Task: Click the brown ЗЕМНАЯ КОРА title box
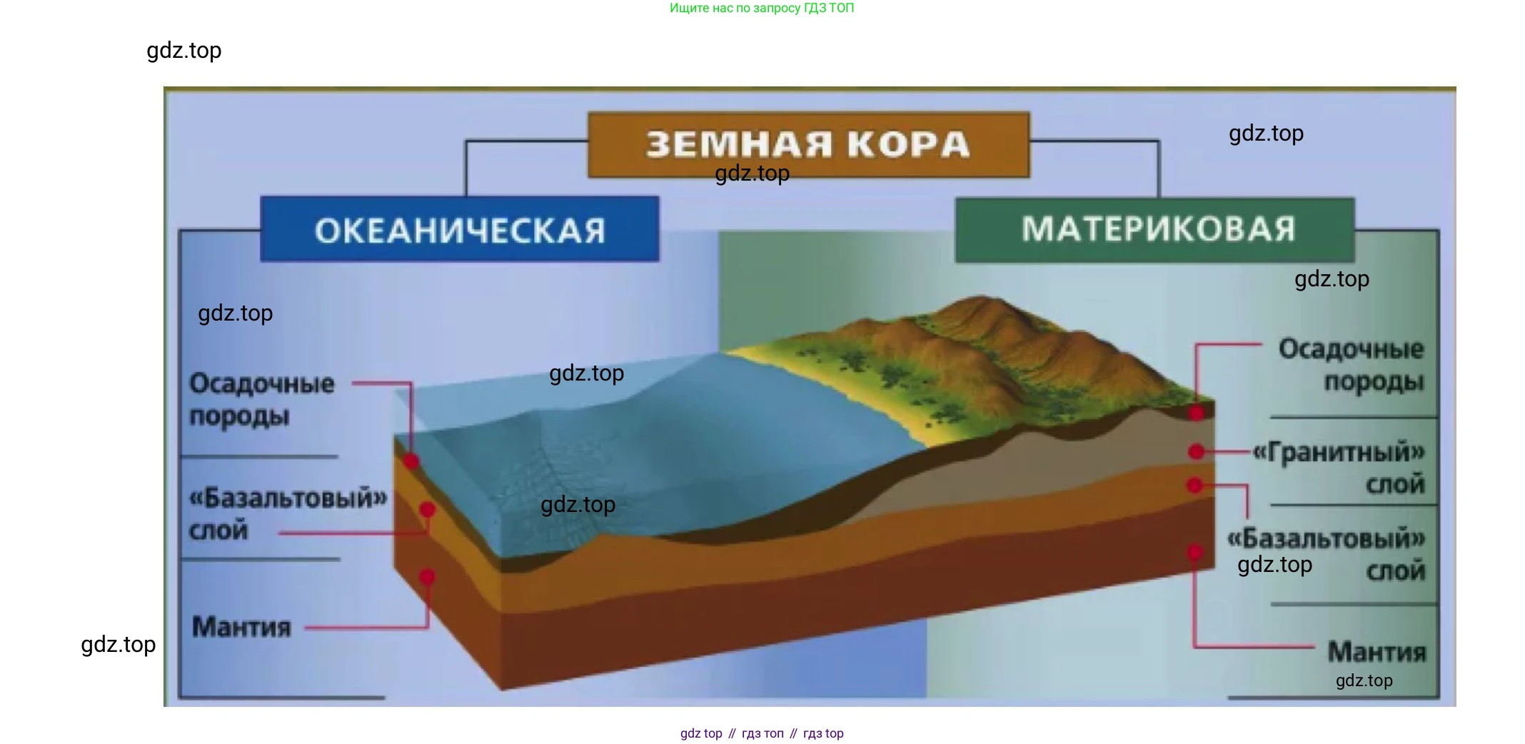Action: point(808,144)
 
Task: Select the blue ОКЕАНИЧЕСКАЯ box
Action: point(460,229)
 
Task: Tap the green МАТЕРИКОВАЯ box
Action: point(1155,230)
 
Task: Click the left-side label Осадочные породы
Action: point(261,399)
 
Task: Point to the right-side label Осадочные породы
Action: point(1351,365)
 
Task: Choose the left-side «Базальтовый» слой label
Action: point(288,513)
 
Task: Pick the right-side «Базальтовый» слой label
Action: point(1326,554)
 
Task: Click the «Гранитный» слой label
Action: point(1339,467)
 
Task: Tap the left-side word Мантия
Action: point(241,627)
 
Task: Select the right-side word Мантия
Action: point(1376,651)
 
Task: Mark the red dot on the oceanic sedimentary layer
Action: point(411,461)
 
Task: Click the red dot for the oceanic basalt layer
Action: point(428,510)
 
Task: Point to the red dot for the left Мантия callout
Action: point(427,576)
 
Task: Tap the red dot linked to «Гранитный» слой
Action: point(1197,451)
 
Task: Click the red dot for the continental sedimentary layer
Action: point(1197,413)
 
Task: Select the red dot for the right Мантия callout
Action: point(1195,552)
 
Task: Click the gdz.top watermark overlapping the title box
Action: point(752,174)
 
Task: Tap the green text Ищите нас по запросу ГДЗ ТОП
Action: point(762,8)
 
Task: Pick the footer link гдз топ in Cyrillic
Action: point(762,733)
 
